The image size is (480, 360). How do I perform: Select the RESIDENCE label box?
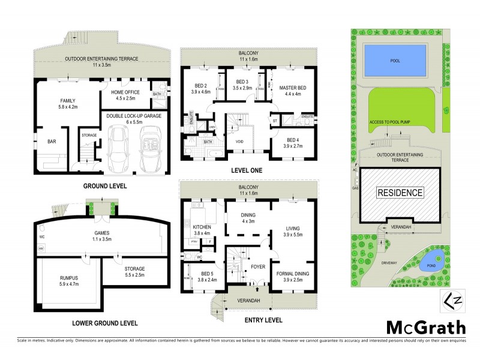tap(400, 193)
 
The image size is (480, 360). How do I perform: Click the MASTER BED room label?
tap(293, 89)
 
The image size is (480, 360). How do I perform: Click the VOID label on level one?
tap(239, 142)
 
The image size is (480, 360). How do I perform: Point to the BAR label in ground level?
tap(52, 142)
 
